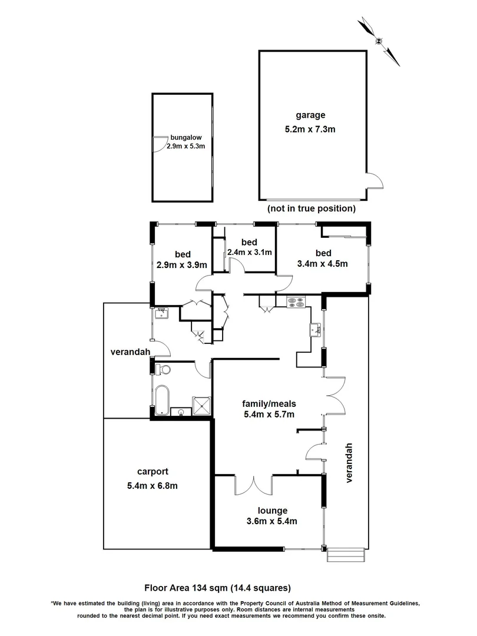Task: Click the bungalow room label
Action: click(186, 137)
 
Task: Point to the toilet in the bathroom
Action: click(163, 369)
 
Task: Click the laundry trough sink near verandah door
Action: click(161, 314)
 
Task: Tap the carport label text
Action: click(153, 471)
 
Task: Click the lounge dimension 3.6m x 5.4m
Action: click(271, 521)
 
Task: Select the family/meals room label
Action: click(269, 403)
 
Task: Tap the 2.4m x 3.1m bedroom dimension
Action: click(249, 253)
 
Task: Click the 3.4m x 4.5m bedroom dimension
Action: click(323, 264)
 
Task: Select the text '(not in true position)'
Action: click(311, 208)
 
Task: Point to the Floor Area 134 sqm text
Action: click(218, 588)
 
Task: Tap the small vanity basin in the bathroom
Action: click(182, 411)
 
